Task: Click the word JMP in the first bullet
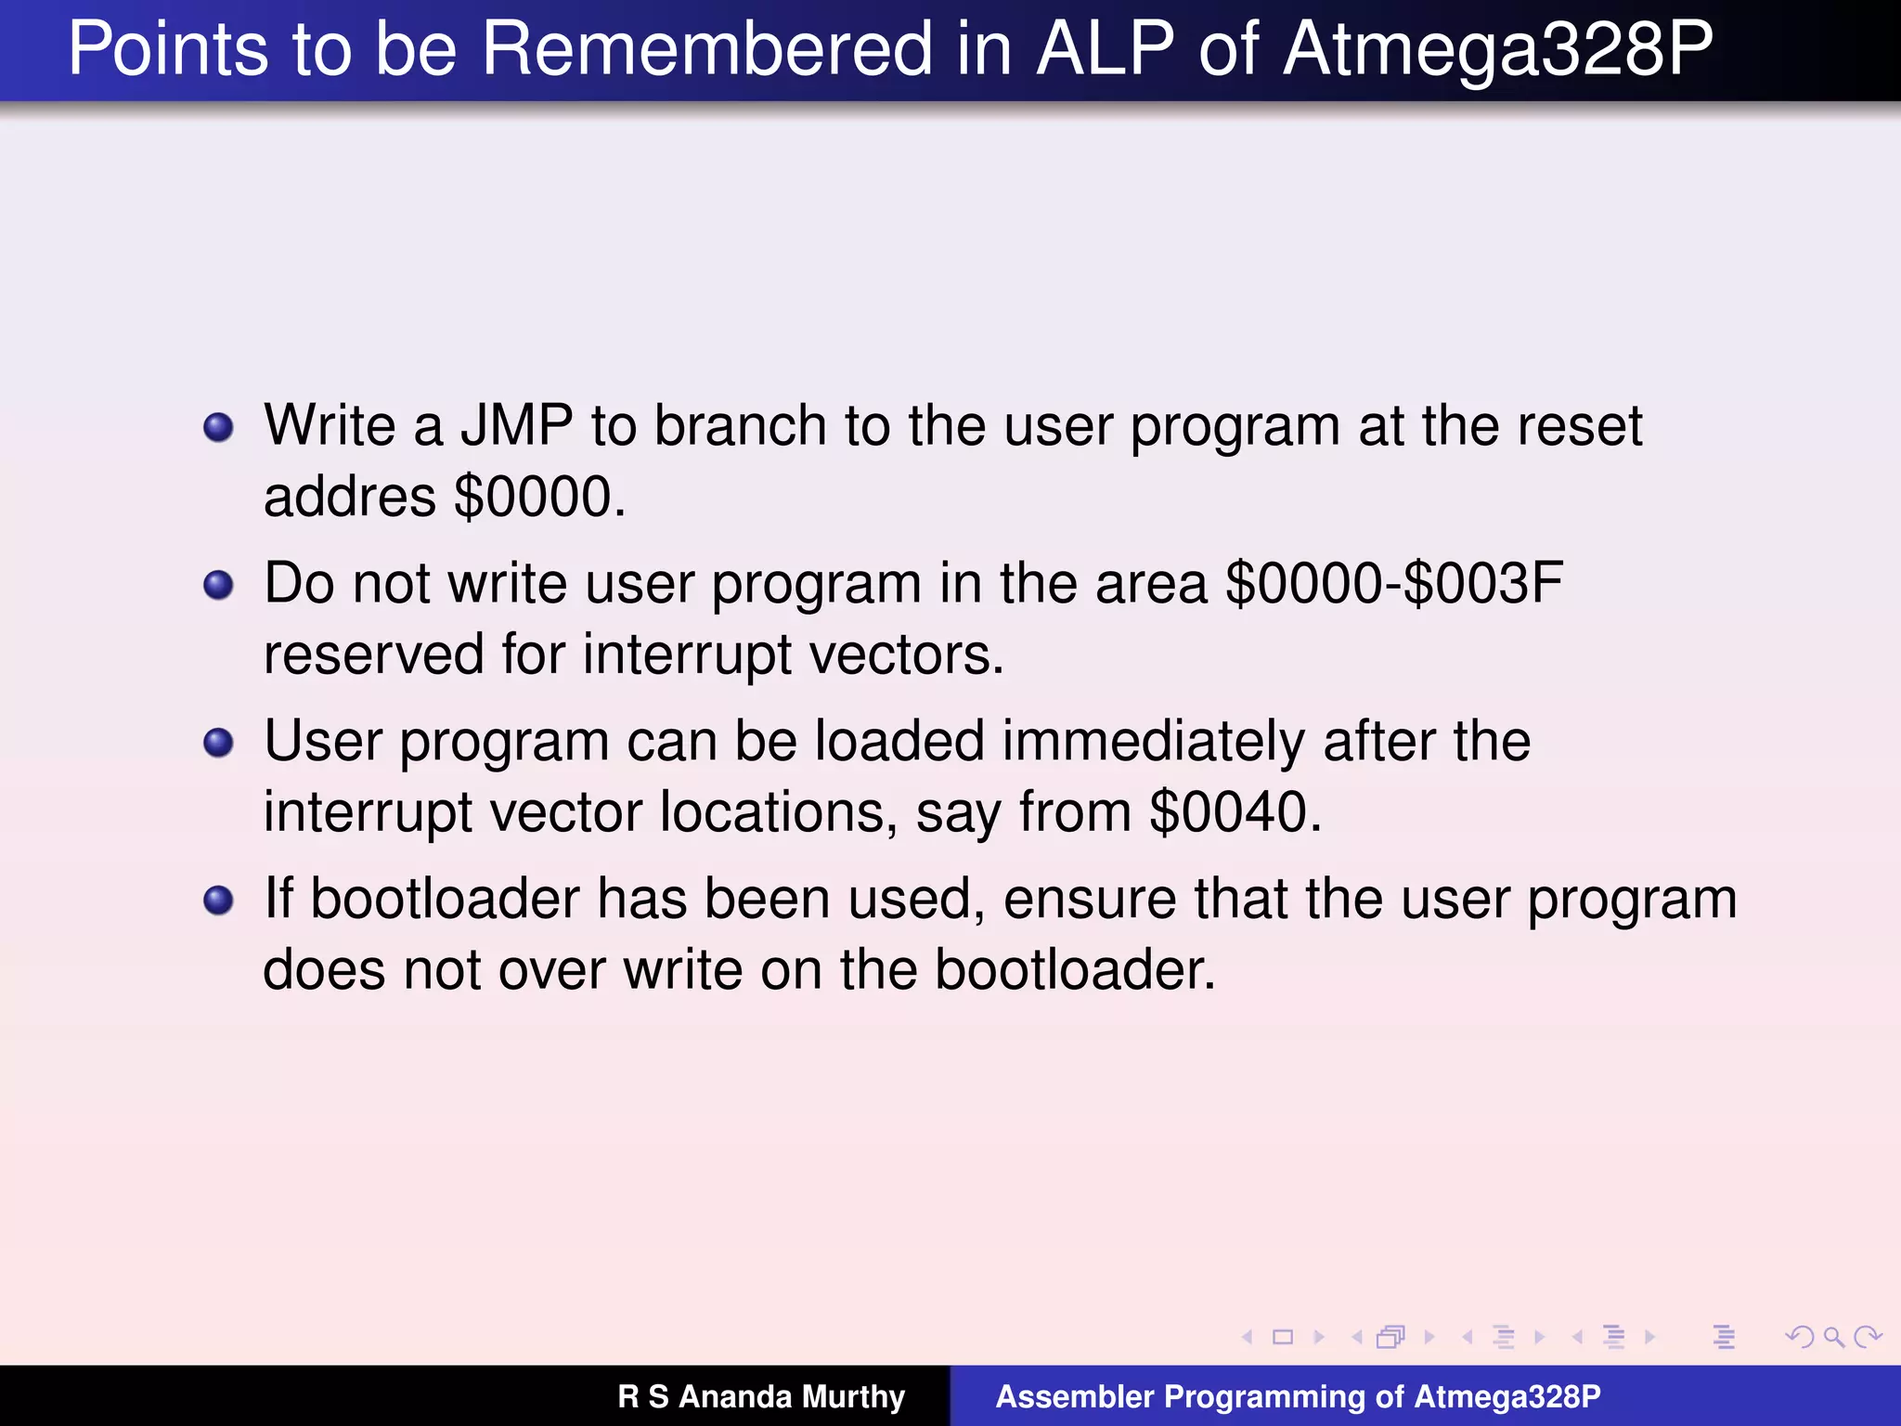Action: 517,426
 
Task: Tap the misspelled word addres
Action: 349,497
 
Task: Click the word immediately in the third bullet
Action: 1153,742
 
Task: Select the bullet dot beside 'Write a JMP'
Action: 218,428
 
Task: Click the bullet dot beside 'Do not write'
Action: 218,586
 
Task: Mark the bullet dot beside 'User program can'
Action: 218,744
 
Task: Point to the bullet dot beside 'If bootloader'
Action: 218,901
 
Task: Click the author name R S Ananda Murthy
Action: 761,1396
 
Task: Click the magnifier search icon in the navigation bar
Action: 1833,1337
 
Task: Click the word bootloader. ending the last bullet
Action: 1075,970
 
